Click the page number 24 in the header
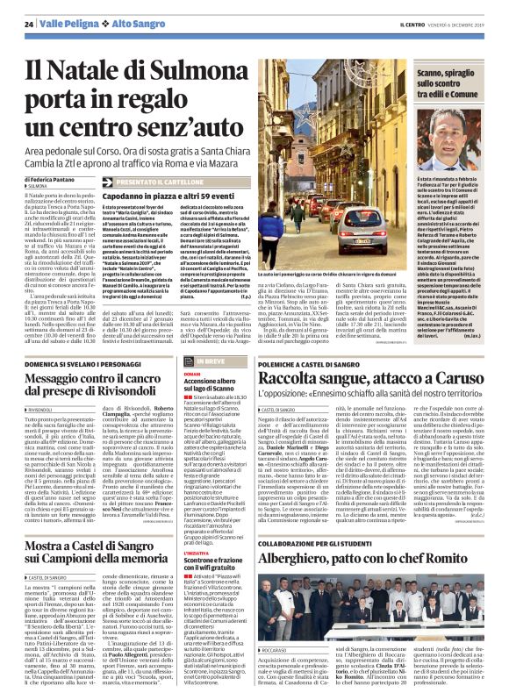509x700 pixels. tap(28, 23)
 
